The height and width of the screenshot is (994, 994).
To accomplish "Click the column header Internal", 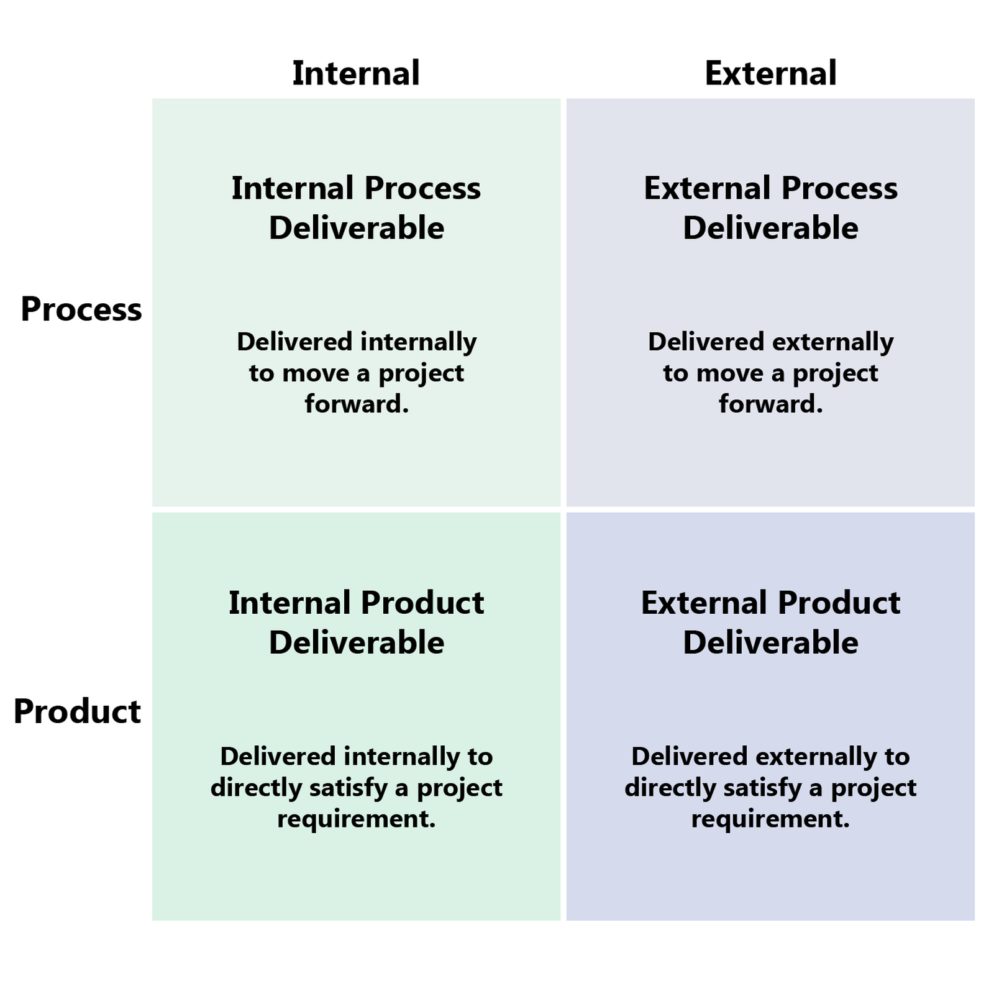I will coord(356,73).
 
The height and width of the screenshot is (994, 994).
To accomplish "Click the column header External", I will coord(770,73).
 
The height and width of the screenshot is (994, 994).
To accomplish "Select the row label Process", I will coord(81,309).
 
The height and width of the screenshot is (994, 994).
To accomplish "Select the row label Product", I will coord(78,711).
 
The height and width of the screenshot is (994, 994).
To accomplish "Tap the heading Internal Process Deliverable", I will coord(356,207).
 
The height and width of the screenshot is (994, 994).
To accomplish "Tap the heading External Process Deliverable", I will coord(770,207).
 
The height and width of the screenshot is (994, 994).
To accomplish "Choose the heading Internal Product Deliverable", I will coord(356,622).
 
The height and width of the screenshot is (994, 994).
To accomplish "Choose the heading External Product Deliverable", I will coord(770,622).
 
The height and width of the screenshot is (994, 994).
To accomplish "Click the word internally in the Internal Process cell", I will coord(418,342).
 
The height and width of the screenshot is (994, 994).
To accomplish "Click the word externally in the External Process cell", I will coord(832,342).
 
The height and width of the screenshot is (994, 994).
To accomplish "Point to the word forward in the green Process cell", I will coord(353,404).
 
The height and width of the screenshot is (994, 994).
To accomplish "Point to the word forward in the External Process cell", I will coord(768,404).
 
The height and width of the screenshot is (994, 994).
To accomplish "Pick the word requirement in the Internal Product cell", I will coord(353,819).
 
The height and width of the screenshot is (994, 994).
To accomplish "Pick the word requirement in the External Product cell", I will coord(768,819).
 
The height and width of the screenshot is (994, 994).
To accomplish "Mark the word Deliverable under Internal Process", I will coord(356,228).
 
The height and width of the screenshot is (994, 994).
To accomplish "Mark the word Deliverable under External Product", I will coord(770,642).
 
